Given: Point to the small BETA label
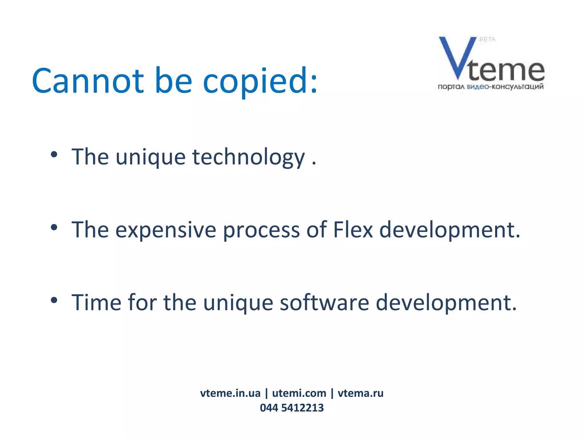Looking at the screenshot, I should click(487, 39).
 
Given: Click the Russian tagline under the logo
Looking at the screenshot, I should click(490, 87).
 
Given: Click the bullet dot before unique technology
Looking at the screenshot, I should click(54, 155).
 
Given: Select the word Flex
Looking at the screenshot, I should click(353, 230).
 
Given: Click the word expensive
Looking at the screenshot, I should click(166, 230).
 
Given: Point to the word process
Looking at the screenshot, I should click(261, 230).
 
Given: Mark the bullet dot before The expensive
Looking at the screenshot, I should click(54, 227).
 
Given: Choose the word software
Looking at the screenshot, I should click(324, 302).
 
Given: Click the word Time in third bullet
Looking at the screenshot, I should click(96, 302).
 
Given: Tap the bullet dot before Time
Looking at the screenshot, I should click(54, 300).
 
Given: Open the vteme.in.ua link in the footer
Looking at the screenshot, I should click(230, 393).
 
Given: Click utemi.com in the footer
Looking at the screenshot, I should click(299, 393).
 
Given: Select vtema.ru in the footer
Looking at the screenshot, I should click(360, 393).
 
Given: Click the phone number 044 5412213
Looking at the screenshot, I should click(292, 408).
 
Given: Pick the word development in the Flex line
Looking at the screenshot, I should click(450, 230).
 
